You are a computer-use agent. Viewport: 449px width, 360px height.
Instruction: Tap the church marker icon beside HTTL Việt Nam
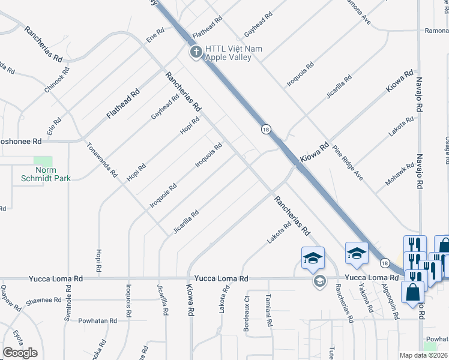coord(196,53)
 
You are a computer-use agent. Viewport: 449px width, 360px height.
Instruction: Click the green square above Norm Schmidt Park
coord(43,161)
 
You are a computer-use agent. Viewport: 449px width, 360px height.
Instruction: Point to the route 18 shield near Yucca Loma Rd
coord(384,263)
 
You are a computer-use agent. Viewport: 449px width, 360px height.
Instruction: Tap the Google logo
coord(20,353)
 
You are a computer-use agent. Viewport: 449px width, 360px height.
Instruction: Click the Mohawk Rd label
coord(400,173)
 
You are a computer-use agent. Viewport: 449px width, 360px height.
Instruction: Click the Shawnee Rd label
coord(41,299)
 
